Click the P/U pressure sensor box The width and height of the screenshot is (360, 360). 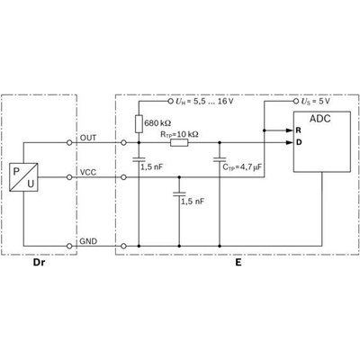click(x=23, y=177)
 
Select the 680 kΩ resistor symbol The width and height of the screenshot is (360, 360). click(x=139, y=123)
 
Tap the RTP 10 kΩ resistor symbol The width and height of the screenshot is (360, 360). click(x=179, y=143)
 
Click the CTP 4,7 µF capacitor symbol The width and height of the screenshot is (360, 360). click(x=220, y=159)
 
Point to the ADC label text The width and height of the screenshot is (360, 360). click(x=319, y=119)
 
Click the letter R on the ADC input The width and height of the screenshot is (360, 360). click(x=298, y=130)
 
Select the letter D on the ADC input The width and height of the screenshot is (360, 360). click(x=299, y=142)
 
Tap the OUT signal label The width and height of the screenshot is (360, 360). click(x=88, y=138)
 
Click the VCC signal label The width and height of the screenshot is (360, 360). click(x=88, y=173)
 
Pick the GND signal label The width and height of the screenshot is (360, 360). click(x=88, y=241)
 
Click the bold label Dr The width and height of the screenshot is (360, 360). click(x=39, y=263)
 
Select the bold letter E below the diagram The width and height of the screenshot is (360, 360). click(x=238, y=263)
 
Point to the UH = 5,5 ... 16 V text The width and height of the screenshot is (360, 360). click(x=204, y=102)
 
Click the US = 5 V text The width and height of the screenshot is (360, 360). click(x=315, y=102)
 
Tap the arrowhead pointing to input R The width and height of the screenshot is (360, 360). click(x=289, y=130)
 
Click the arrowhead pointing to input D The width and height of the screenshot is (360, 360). click(x=289, y=142)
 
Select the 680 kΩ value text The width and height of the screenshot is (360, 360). click(x=157, y=123)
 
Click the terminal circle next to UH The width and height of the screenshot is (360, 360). click(x=170, y=101)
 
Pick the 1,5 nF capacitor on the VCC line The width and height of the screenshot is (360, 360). click(x=179, y=194)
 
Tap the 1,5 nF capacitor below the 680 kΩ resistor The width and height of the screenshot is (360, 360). click(x=139, y=159)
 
